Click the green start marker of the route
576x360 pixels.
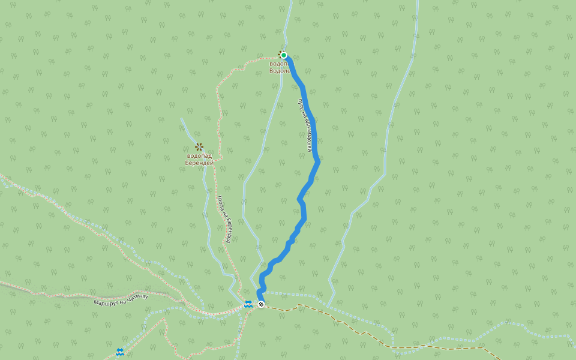(284, 55)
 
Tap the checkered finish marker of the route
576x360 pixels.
(261, 304)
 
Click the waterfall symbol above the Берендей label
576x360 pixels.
(199, 147)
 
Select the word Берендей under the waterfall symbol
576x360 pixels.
(199, 163)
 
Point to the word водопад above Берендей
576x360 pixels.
(199, 156)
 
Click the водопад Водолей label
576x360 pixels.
(280, 67)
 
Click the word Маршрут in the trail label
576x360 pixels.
(106, 302)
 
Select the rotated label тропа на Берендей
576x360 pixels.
(224, 218)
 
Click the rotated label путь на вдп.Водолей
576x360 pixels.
(305, 125)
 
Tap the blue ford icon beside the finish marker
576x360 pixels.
(248, 304)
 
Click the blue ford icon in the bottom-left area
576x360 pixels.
(120, 352)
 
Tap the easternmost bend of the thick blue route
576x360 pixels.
(318, 161)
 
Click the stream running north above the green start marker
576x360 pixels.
(287, 24)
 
